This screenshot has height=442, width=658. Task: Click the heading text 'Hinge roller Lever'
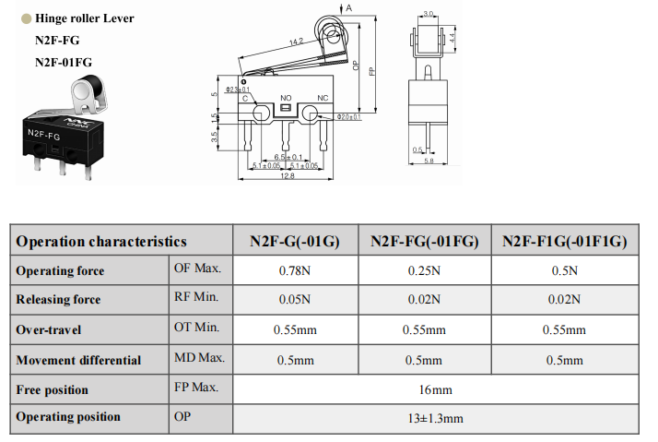click(x=85, y=18)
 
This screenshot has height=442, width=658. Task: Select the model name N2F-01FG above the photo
click(x=64, y=62)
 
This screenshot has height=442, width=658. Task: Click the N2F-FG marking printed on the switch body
click(x=43, y=135)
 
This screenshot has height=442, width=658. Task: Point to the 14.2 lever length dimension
click(x=296, y=42)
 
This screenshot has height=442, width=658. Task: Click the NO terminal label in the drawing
click(x=286, y=98)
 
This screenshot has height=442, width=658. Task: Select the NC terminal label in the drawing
click(x=323, y=98)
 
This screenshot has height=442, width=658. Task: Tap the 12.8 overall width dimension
click(x=287, y=175)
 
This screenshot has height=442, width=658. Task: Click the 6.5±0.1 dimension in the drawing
click(x=288, y=157)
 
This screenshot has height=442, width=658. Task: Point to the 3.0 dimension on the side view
click(x=428, y=14)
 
